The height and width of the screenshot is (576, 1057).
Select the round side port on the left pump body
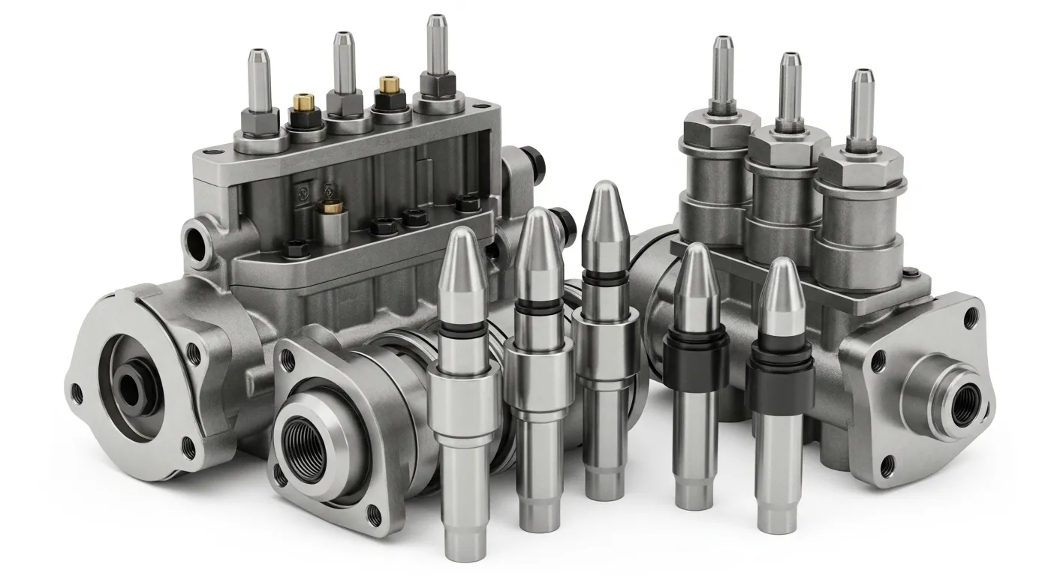pyautogui.click(x=199, y=239)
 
